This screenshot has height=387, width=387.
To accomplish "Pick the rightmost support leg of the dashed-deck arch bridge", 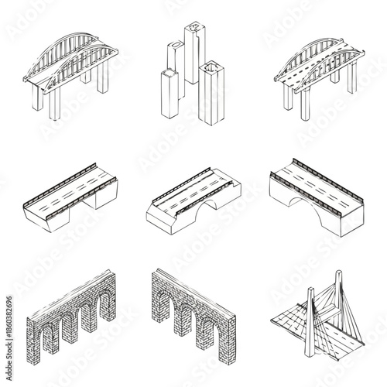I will tap(353, 77).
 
